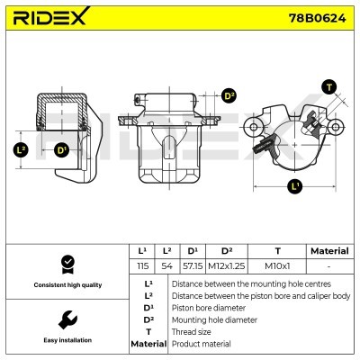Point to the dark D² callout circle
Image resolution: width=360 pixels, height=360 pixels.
pyautogui.click(x=228, y=96)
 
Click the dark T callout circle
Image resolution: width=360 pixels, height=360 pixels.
pyautogui.click(x=329, y=86)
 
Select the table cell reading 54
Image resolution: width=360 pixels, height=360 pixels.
pyautogui.click(x=166, y=267)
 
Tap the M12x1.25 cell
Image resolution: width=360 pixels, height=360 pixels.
pyautogui.click(x=227, y=267)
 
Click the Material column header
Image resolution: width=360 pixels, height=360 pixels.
pyautogui.click(x=328, y=251)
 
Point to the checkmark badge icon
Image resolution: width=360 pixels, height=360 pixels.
pyautogui.click(x=66, y=265)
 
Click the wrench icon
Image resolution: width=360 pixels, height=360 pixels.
pyautogui.click(x=66, y=319)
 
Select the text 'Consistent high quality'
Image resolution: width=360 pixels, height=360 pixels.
pyautogui.click(x=66, y=285)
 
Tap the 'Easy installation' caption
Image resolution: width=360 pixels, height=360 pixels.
pyautogui.click(x=66, y=340)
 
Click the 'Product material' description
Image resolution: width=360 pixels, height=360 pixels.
pyautogui.click(x=201, y=344)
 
